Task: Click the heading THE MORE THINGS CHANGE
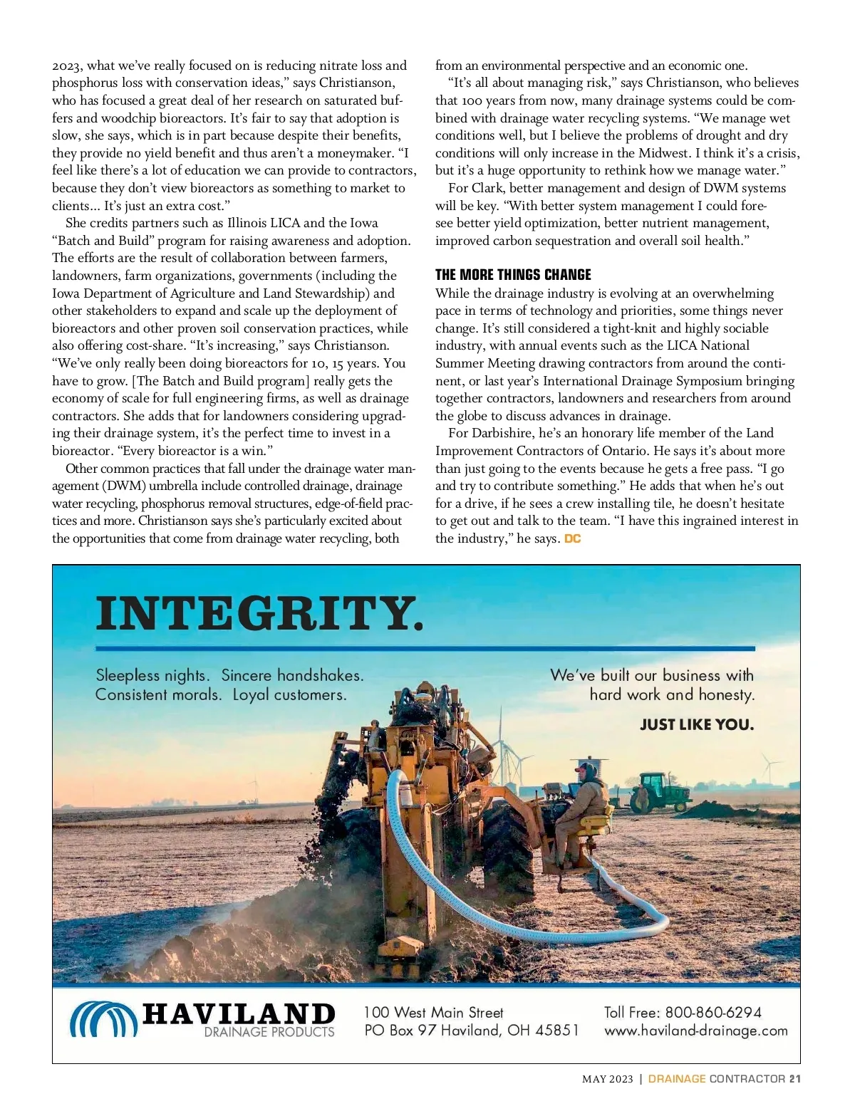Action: tap(513, 275)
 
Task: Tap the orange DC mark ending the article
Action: tap(572, 539)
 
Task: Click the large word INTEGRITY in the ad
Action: tap(259, 614)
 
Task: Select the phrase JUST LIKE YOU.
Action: tap(696, 725)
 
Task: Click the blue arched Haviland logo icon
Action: tap(103, 1020)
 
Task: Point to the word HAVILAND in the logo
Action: tap(239, 1013)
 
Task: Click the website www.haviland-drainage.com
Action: tap(695, 1031)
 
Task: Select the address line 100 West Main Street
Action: tap(433, 1012)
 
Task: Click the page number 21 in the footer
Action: tap(795, 1079)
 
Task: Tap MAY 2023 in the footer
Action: tap(607, 1079)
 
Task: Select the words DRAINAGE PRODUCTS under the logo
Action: tap(269, 1032)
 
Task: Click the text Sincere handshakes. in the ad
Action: tap(292, 675)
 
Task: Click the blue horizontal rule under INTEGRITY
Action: tap(425, 649)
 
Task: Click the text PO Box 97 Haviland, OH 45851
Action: tap(471, 1031)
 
